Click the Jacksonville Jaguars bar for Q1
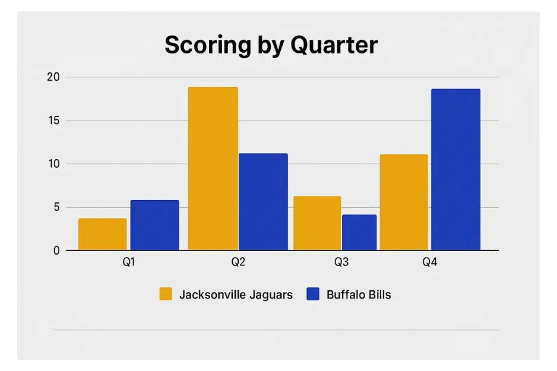pos(103,234)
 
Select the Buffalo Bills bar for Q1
pos(154,225)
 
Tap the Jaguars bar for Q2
pos(213,169)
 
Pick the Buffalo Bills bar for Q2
pos(263,202)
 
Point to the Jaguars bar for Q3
pos(317,223)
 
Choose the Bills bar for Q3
pos(359,232)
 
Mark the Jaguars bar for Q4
pos(404,202)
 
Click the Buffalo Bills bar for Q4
pos(455,170)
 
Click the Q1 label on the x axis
pos(128,262)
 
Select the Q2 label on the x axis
pos(238,262)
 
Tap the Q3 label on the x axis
pos(341,262)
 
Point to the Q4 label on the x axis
pos(430,262)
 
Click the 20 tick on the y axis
pos(53,77)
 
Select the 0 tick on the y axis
pos(56,250)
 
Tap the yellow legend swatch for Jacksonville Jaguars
pos(166,294)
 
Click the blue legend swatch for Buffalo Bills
pos(313,294)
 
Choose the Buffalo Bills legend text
pos(359,294)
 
